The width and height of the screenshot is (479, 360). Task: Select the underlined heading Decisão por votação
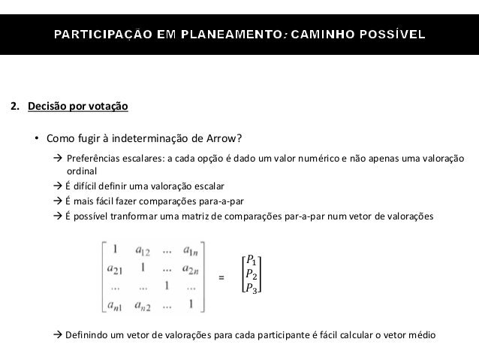[x=78, y=107]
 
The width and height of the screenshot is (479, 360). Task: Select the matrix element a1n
[x=193, y=252]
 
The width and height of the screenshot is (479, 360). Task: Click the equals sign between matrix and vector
[x=221, y=278]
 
